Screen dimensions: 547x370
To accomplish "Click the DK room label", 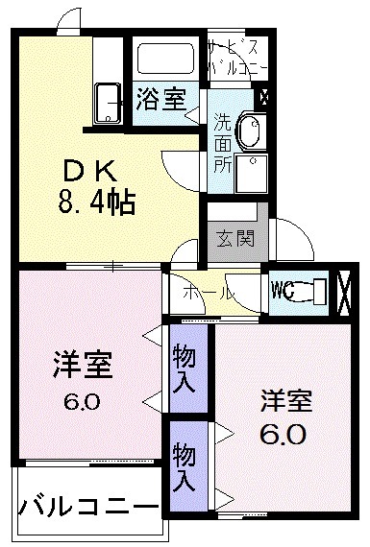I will pos(92,173).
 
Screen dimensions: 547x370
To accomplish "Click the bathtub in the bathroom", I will pos(166,59).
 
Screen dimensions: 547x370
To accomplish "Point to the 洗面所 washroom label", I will pos(222,143).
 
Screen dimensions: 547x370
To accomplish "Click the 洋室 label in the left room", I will pos(82,366).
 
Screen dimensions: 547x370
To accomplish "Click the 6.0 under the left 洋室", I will pos(82,401).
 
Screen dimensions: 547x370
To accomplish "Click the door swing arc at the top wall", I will pos(67,20).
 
